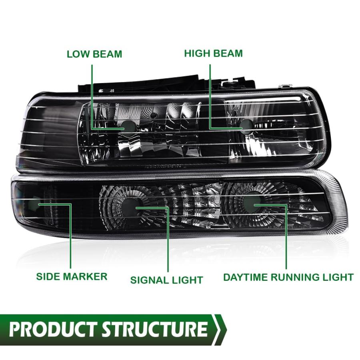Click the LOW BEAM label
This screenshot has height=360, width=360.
94,54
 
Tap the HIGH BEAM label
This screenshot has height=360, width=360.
213,53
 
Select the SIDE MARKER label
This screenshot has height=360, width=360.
72,276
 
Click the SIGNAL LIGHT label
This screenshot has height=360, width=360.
166,280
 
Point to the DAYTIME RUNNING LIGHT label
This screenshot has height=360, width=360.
288,277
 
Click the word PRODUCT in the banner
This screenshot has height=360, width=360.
52,329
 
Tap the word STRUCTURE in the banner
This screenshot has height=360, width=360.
154,329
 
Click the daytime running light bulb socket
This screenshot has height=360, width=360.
252,204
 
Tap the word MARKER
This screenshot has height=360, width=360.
85,276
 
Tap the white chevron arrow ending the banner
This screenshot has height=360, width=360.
219,330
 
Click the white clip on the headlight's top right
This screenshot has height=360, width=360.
284,86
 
